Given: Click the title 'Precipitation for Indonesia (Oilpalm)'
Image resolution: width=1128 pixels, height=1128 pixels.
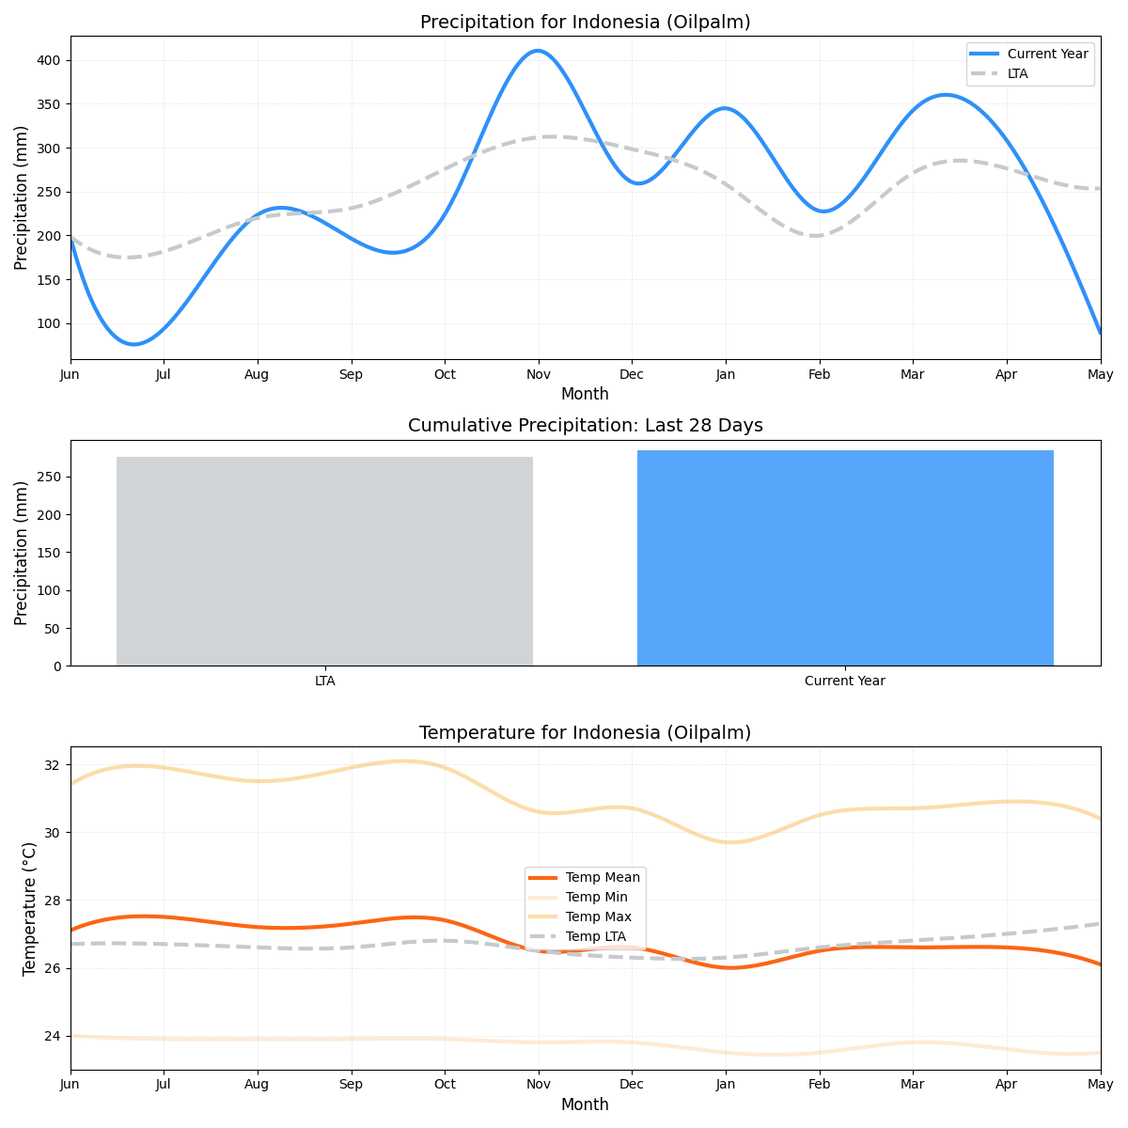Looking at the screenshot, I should [585, 23].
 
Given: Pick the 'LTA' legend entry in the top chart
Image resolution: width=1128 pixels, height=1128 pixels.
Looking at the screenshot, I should [1017, 73].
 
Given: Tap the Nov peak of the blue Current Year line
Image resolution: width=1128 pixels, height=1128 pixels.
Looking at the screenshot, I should [537, 51].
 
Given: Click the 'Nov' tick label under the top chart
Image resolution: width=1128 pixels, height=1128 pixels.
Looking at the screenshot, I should [538, 374].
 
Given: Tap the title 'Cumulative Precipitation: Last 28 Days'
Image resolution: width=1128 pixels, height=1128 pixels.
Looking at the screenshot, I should [585, 426].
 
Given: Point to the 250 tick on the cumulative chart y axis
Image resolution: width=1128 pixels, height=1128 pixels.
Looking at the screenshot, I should [51, 478].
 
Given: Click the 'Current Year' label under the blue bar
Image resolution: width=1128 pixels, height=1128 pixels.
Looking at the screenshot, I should [844, 681].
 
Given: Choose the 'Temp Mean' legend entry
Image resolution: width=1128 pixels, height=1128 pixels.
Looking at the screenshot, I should [603, 877].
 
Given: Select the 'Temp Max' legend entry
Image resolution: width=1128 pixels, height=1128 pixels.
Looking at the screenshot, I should [598, 916].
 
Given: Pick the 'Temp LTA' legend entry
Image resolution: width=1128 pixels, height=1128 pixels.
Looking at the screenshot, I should [595, 936].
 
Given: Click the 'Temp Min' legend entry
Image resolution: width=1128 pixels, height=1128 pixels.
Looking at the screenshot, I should [596, 897].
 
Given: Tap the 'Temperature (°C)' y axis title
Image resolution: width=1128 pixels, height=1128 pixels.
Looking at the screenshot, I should [29, 908].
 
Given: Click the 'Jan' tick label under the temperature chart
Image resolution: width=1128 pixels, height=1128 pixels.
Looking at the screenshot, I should [725, 1084].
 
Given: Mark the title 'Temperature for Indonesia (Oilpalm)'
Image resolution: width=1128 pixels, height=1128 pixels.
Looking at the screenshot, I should [585, 733].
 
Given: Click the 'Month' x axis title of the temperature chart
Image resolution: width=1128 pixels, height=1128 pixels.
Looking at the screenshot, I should [585, 1104].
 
